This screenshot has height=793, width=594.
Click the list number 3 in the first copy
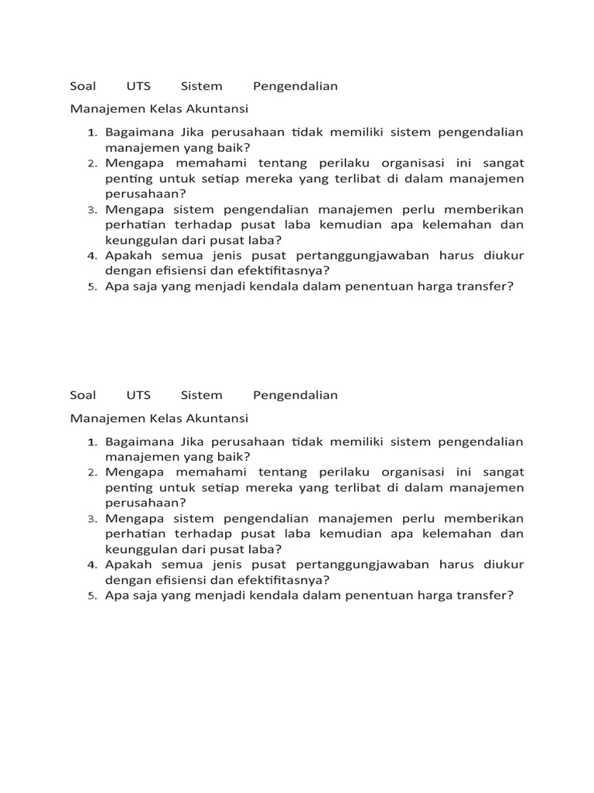click(90, 210)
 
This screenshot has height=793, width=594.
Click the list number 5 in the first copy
click(90, 287)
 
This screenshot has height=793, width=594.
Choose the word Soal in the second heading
click(83, 395)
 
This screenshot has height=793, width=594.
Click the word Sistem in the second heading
click(201, 395)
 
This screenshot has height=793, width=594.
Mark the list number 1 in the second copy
click(90, 442)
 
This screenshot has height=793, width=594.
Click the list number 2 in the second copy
click(90, 472)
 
